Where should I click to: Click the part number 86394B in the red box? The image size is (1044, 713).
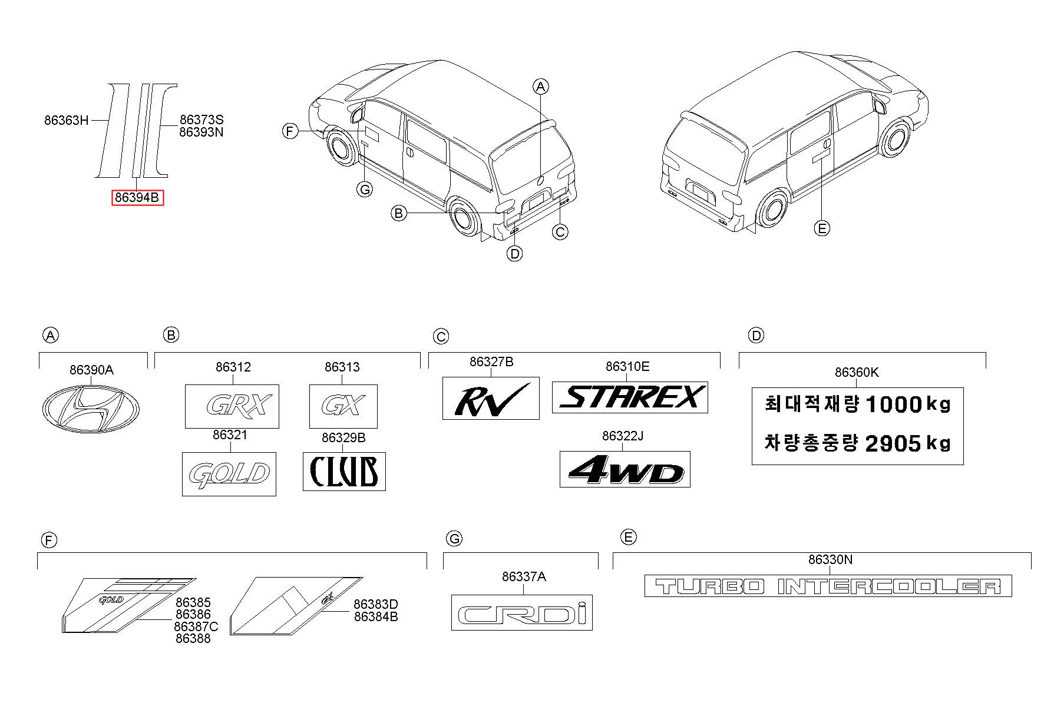(137, 198)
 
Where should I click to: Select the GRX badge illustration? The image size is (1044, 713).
(232, 406)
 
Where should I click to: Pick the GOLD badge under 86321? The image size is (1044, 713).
(229, 474)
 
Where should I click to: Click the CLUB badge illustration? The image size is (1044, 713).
(344, 471)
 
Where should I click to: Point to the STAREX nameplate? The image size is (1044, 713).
(630, 397)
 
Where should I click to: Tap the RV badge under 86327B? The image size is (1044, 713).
(491, 398)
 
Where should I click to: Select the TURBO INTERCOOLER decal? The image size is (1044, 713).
(828, 586)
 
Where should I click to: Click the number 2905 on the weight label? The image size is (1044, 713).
(892, 444)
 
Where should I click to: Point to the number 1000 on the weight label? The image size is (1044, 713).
(892, 404)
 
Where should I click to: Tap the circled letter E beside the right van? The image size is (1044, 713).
(821, 228)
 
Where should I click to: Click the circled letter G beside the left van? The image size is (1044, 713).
(365, 190)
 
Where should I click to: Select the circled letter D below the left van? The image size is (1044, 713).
(515, 254)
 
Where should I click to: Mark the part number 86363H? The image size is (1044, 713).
(66, 121)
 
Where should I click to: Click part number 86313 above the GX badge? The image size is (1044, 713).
(342, 367)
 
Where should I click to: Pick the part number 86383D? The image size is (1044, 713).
(376, 604)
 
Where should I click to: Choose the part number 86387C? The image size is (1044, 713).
(196, 626)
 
